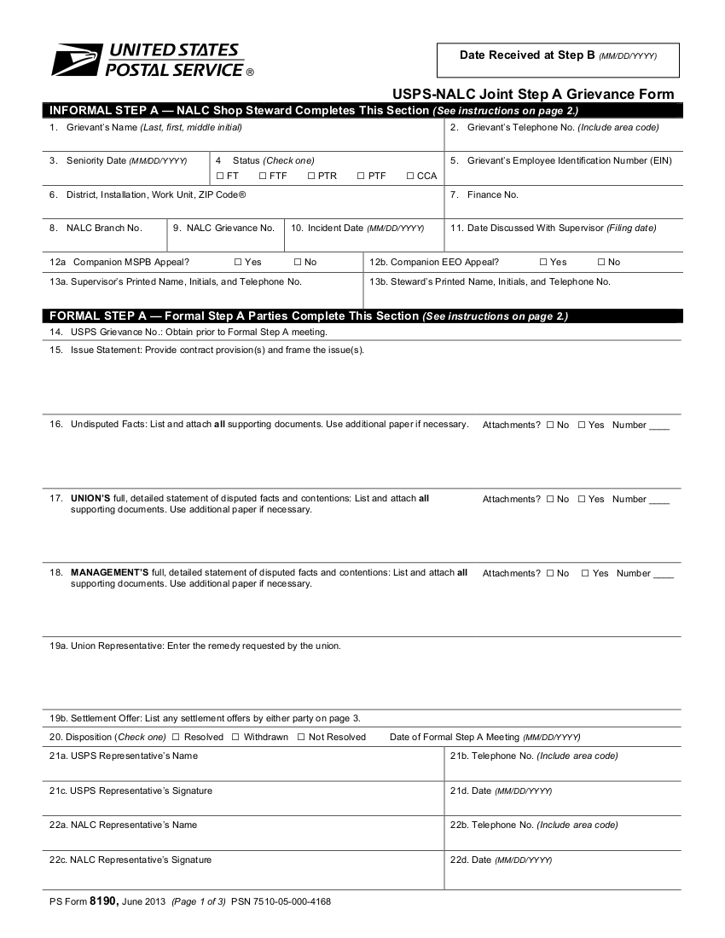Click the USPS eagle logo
[x=78, y=61]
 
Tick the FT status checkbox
[x=219, y=177]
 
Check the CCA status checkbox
[x=410, y=177]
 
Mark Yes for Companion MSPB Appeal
[x=237, y=263]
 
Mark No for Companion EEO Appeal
[x=601, y=263]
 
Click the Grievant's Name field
[x=243, y=137]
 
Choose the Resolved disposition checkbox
[x=176, y=737]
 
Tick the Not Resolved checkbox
[x=301, y=737]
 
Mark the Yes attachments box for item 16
[x=582, y=426]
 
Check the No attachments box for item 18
[x=550, y=574]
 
